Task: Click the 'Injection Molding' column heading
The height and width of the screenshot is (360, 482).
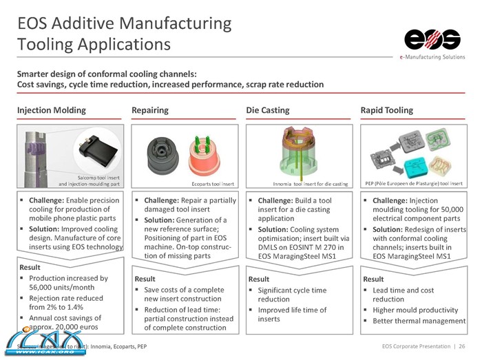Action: [52, 110]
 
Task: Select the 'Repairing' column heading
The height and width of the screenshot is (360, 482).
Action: [149, 110]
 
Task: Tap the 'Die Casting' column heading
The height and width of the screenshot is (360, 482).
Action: [268, 110]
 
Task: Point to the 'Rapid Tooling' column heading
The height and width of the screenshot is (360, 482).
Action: [387, 110]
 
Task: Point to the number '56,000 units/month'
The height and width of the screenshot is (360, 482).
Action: [65, 288]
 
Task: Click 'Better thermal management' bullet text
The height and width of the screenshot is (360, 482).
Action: [419, 321]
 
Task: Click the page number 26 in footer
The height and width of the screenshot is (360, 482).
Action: [461, 344]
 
